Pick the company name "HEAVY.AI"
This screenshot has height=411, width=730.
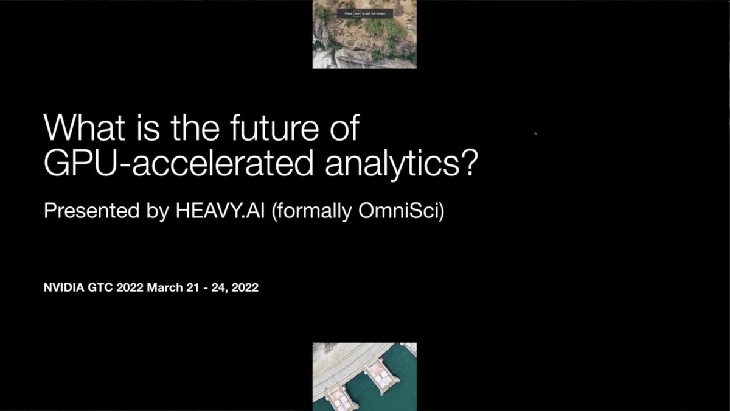(x=220, y=211)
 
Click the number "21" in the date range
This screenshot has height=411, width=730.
(x=194, y=287)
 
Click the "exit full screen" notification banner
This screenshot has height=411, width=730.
(x=365, y=13)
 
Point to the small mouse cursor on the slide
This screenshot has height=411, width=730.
(x=535, y=132)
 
